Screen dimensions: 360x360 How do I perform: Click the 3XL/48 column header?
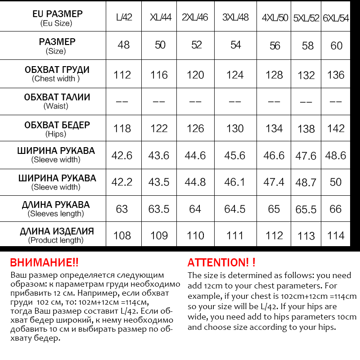coord(235,18)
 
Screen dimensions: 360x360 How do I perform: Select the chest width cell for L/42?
coord(122,75)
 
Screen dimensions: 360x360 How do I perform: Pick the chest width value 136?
coord(336,75)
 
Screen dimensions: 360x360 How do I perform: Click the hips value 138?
coord(306,129)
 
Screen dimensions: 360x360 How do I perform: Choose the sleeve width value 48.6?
coord(336,156)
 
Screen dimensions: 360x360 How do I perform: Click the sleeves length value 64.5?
coord(235,209)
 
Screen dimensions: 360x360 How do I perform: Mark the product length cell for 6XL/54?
coord(336,235)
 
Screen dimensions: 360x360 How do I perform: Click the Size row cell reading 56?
coord(274,45)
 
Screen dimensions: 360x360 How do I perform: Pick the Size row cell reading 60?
coord(336,45)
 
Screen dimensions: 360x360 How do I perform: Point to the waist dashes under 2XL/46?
coord(195,102)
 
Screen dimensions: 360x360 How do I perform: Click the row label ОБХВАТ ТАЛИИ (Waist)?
coord(56,101)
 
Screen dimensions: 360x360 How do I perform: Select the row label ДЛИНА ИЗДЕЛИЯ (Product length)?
coord(56,235)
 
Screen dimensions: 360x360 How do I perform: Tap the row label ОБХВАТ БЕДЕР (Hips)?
coord(56,128)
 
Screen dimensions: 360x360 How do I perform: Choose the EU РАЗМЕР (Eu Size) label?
coord(56,18)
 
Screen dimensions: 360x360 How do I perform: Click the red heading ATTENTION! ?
coord(221,262)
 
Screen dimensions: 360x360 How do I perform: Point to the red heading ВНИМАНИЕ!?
coord(44,262)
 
